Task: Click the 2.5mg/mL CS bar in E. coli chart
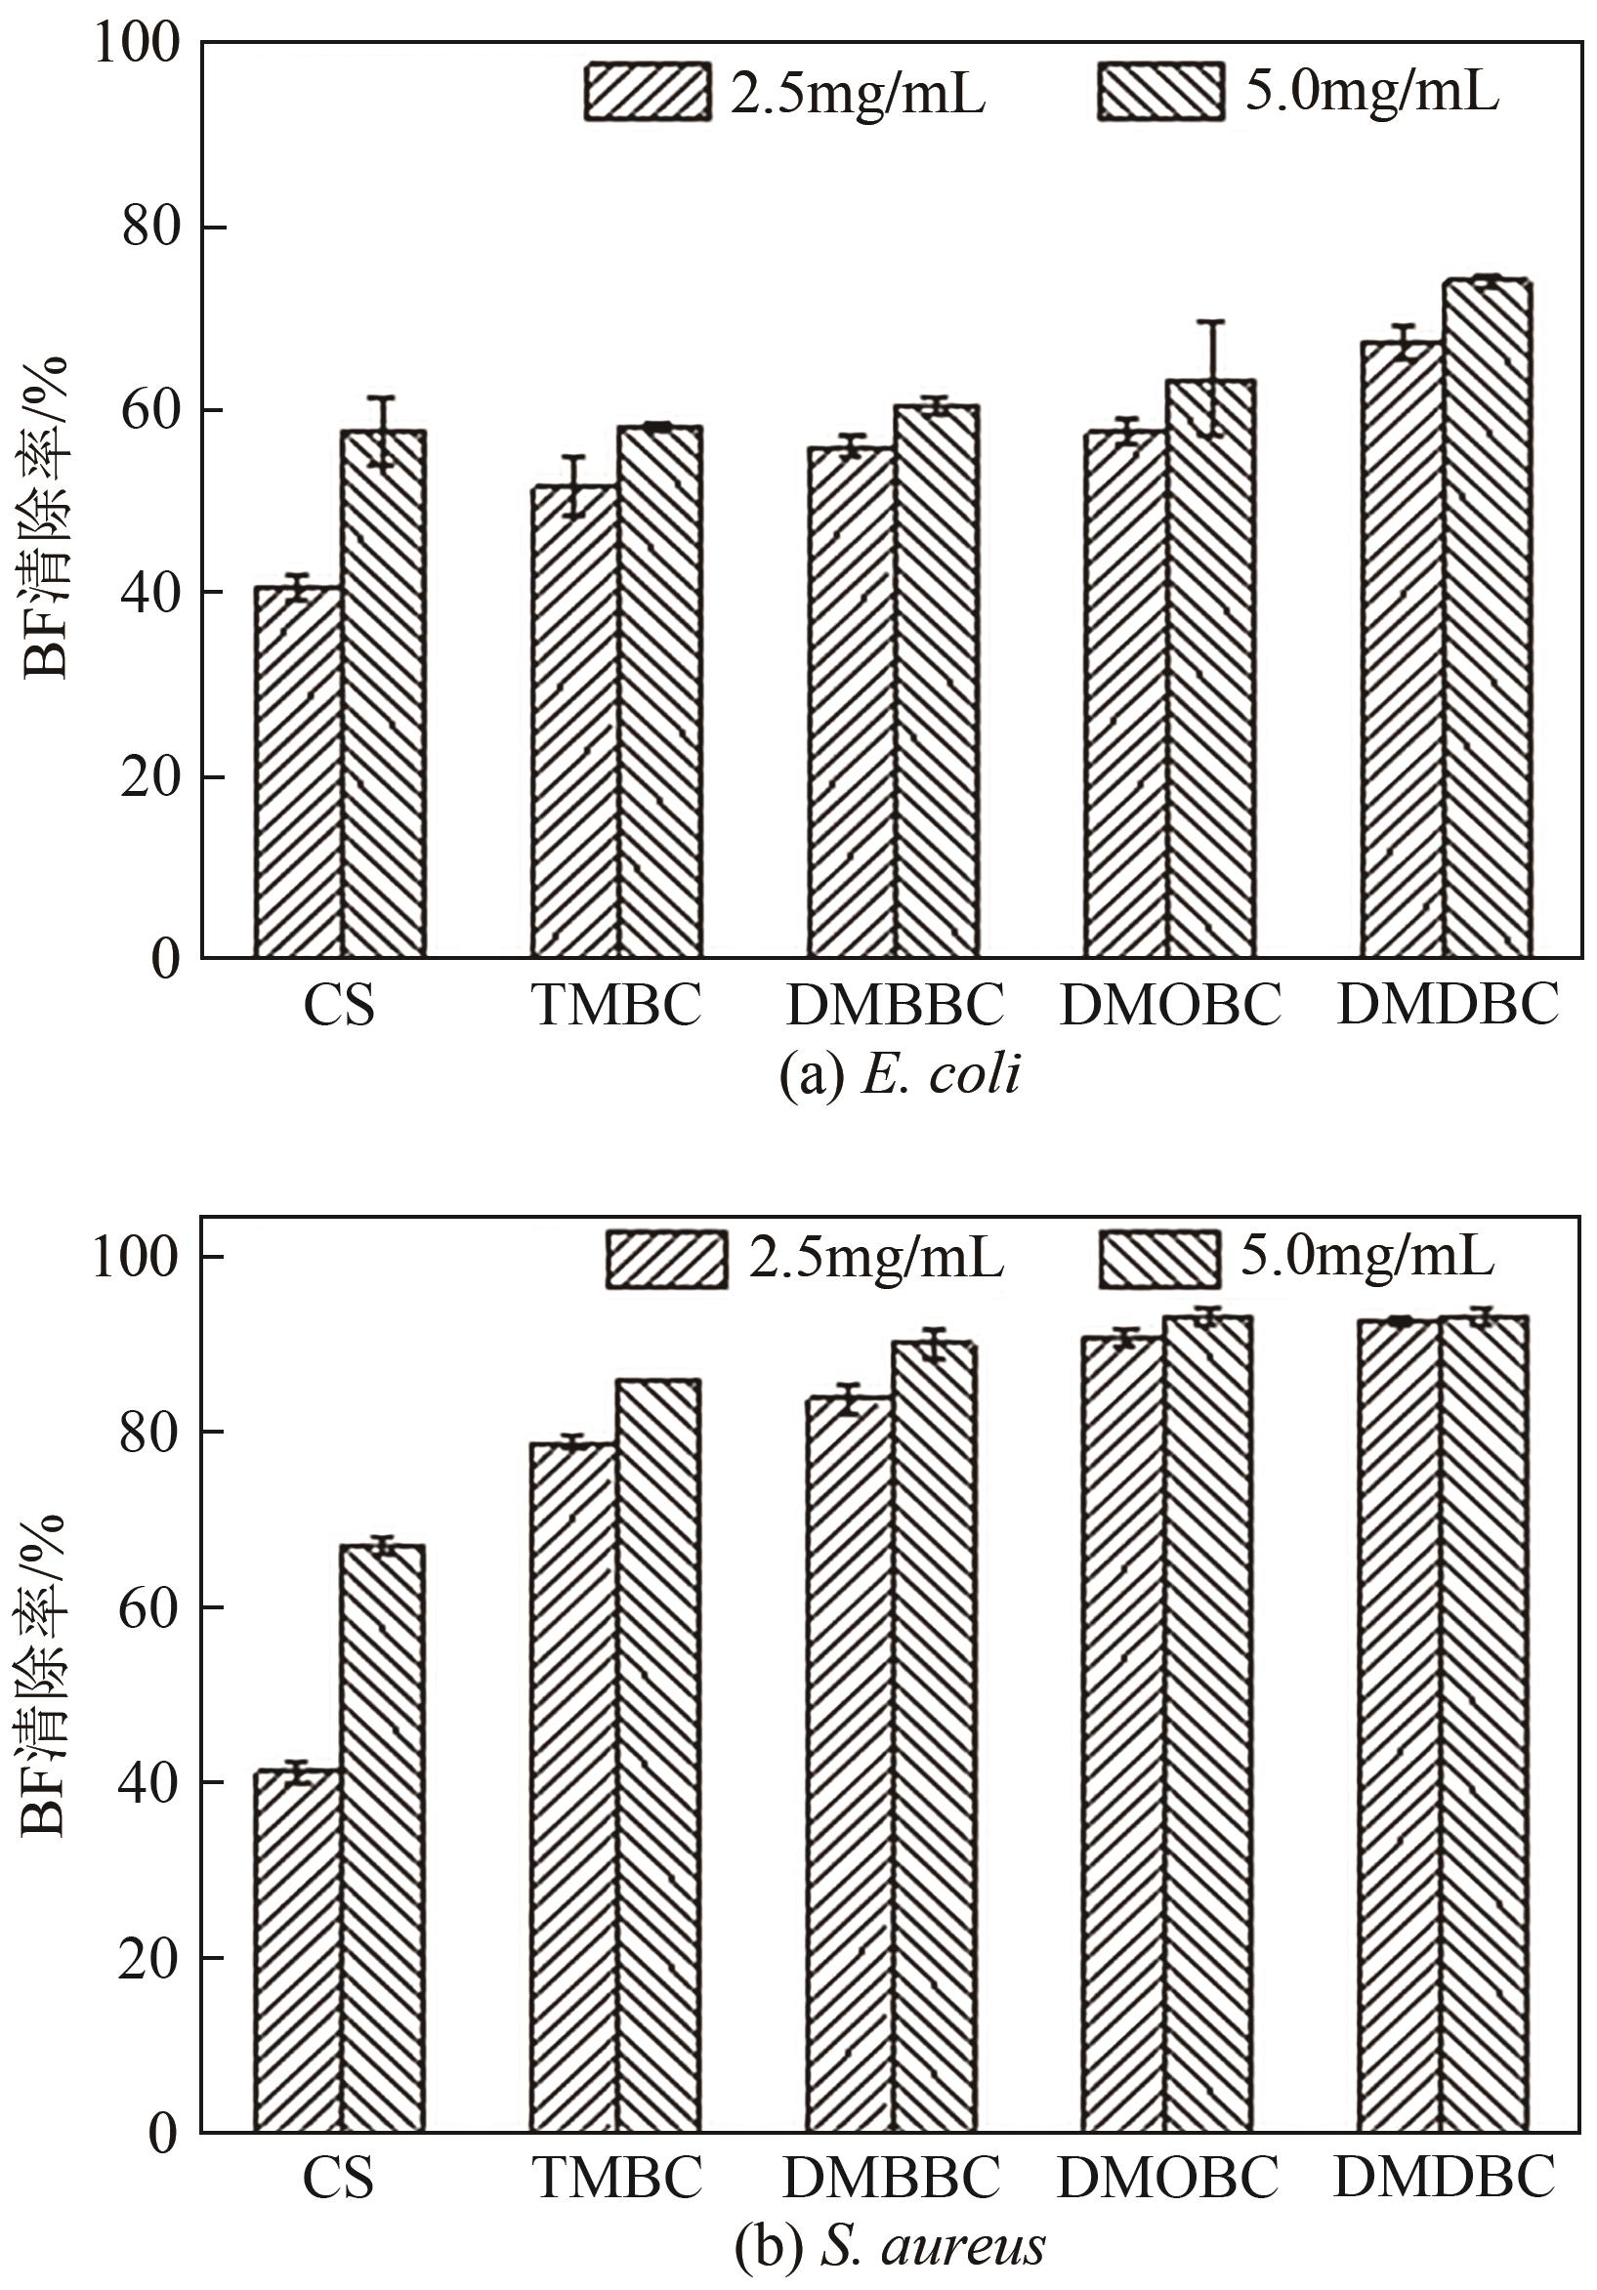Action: tap(297, 773)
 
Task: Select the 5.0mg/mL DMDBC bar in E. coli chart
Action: tap(1488, 618)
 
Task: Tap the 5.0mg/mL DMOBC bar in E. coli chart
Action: tap(1211, 668)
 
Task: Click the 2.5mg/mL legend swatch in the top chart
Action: tap(648, 92)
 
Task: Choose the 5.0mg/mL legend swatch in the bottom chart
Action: tap(1160, 1259)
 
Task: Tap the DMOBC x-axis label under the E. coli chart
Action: tap(1169, 1006)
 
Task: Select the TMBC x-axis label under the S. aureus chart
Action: tap(617, 2179)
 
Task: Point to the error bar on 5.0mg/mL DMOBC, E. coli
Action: tap(1211, 379)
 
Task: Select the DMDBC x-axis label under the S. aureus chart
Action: tap(1445, 2179)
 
